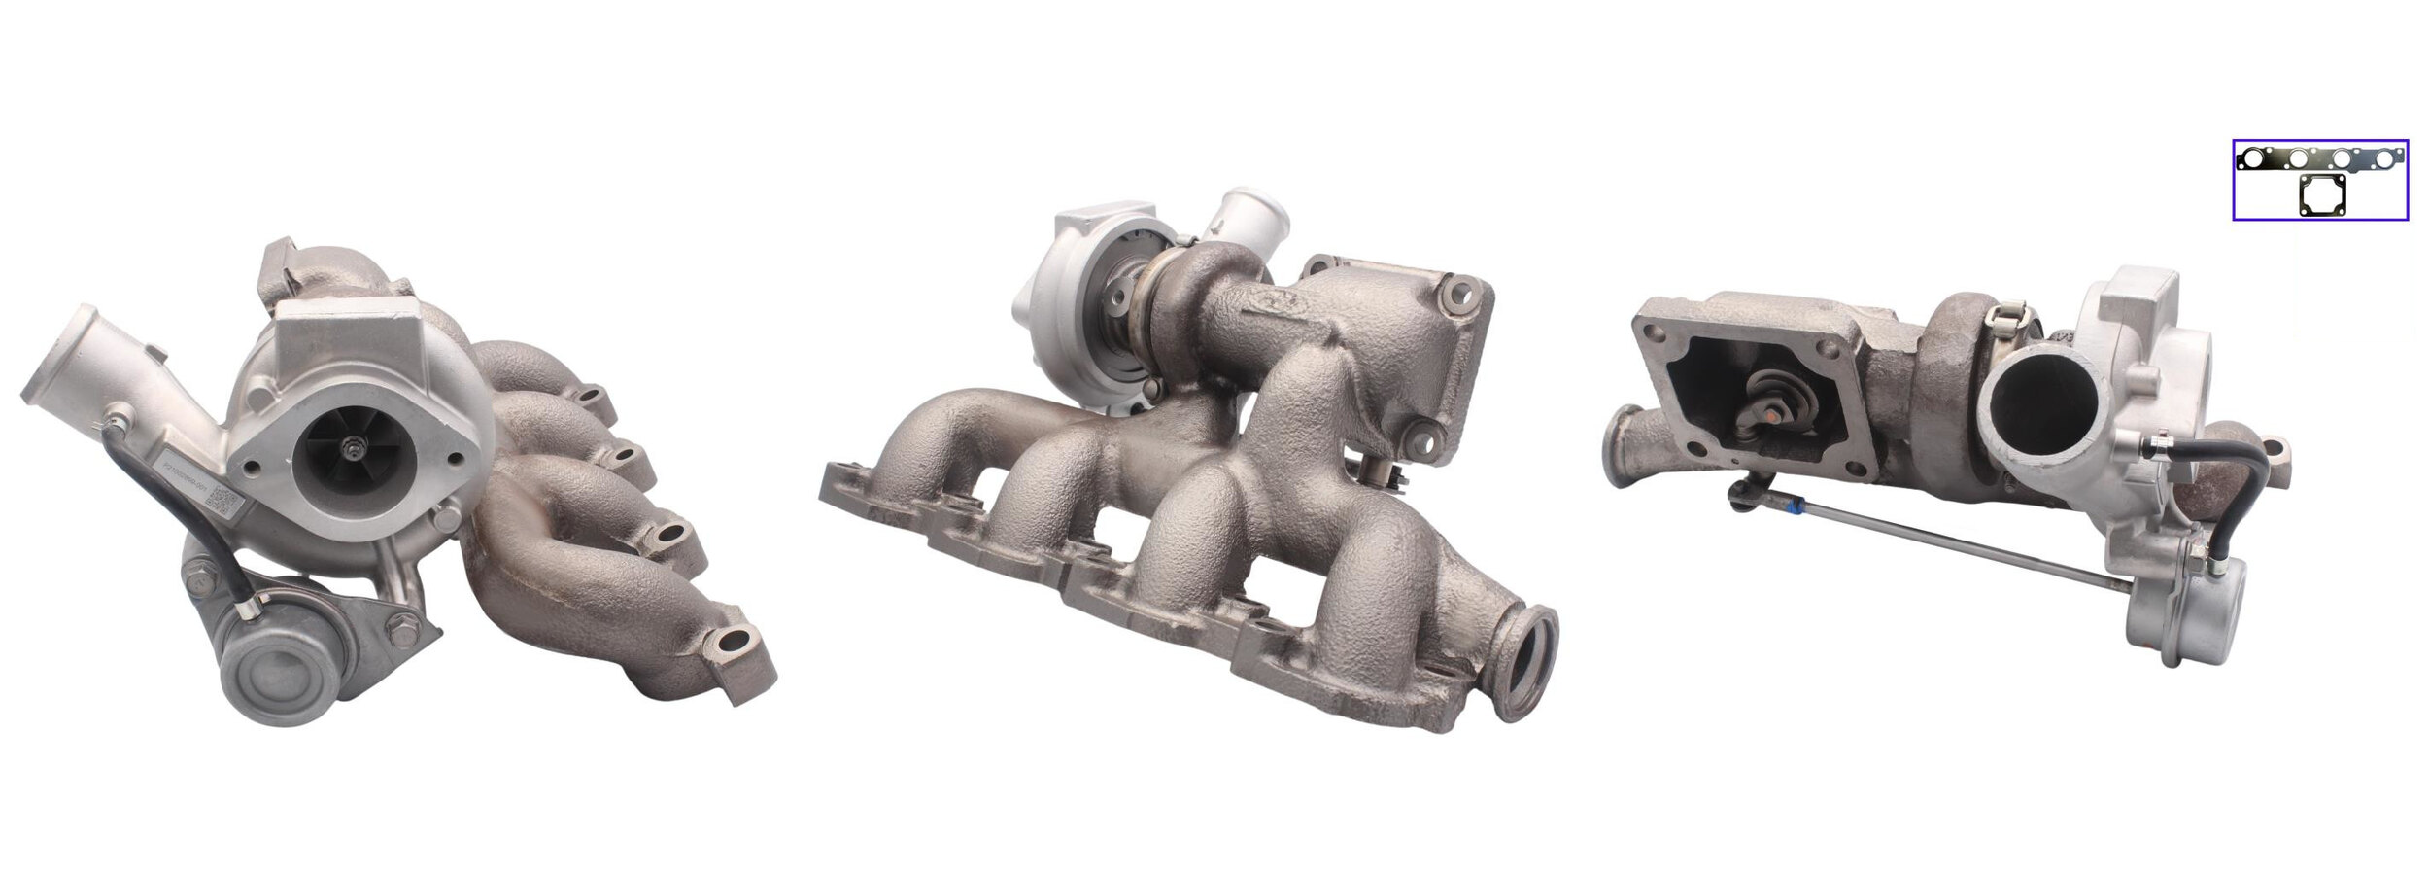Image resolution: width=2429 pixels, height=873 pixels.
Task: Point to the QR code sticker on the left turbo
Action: [x=224, y=502]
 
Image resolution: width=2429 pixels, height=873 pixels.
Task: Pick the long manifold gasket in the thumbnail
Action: [x=2319, y=158]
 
